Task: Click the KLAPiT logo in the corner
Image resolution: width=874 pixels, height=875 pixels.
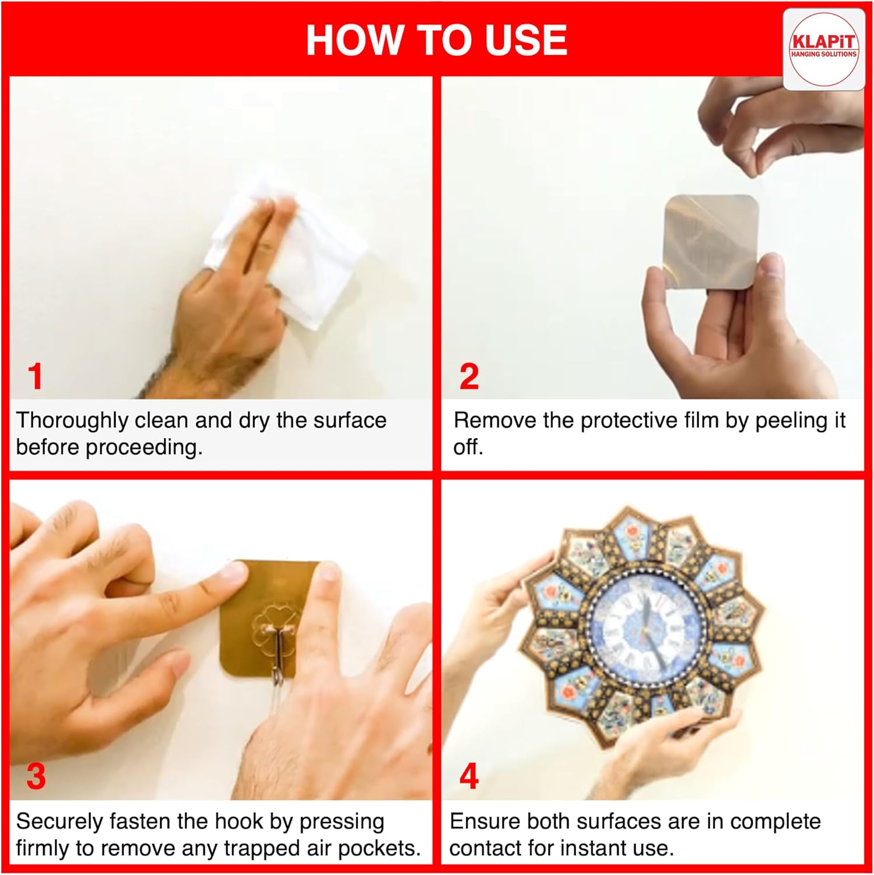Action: [823, 50]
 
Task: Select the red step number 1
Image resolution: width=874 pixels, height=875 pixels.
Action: [36, 376]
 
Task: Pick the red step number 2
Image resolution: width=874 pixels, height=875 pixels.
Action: [469, 376]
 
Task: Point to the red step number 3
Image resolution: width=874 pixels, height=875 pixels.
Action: [36, 776]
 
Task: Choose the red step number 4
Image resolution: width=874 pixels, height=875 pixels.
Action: [469, 776]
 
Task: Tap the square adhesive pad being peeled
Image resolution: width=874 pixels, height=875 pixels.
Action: [711, 241]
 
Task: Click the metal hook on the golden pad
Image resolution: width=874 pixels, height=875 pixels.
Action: [279, 642]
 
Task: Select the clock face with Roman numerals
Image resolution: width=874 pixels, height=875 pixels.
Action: [645, 629]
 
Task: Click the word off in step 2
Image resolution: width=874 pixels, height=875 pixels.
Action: [468, 447]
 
